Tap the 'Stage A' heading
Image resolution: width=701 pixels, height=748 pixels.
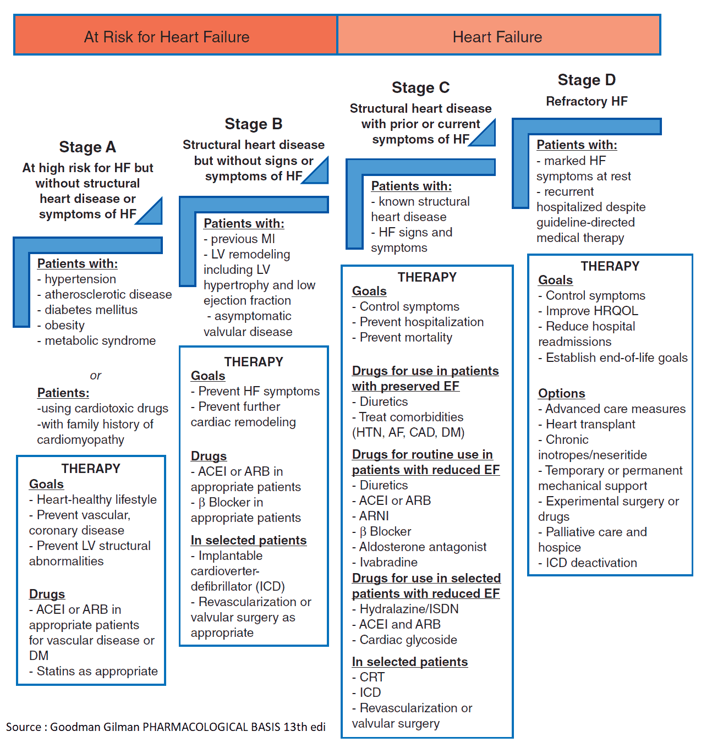pos(87,147)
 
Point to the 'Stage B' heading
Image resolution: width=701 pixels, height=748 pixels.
pos(253,124)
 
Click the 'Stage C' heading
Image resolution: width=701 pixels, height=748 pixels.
pos(420,87)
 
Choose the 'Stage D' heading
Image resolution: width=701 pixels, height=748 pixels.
pos(587,80)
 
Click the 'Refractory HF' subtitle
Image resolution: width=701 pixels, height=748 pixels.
pos(587,101)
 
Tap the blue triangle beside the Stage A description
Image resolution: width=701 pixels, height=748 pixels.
pos(152,213)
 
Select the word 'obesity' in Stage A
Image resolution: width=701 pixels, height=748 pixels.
pos(64,325)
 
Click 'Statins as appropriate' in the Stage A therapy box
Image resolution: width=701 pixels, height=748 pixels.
pos(97,671)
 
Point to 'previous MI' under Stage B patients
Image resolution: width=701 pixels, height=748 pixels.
pos(243,239)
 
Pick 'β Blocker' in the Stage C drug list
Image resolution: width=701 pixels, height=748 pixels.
pos(385,531)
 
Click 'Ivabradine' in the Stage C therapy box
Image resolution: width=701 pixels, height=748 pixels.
pos(388,562)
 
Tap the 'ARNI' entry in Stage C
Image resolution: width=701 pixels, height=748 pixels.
pos(374,516)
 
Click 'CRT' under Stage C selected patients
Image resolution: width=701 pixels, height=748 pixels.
pos(372,677)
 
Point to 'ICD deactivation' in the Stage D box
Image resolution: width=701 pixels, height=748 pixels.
pos(591,563)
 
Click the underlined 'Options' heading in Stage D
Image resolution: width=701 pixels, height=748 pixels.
pos(561,393)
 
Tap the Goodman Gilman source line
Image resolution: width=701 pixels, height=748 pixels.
pos(166,727)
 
